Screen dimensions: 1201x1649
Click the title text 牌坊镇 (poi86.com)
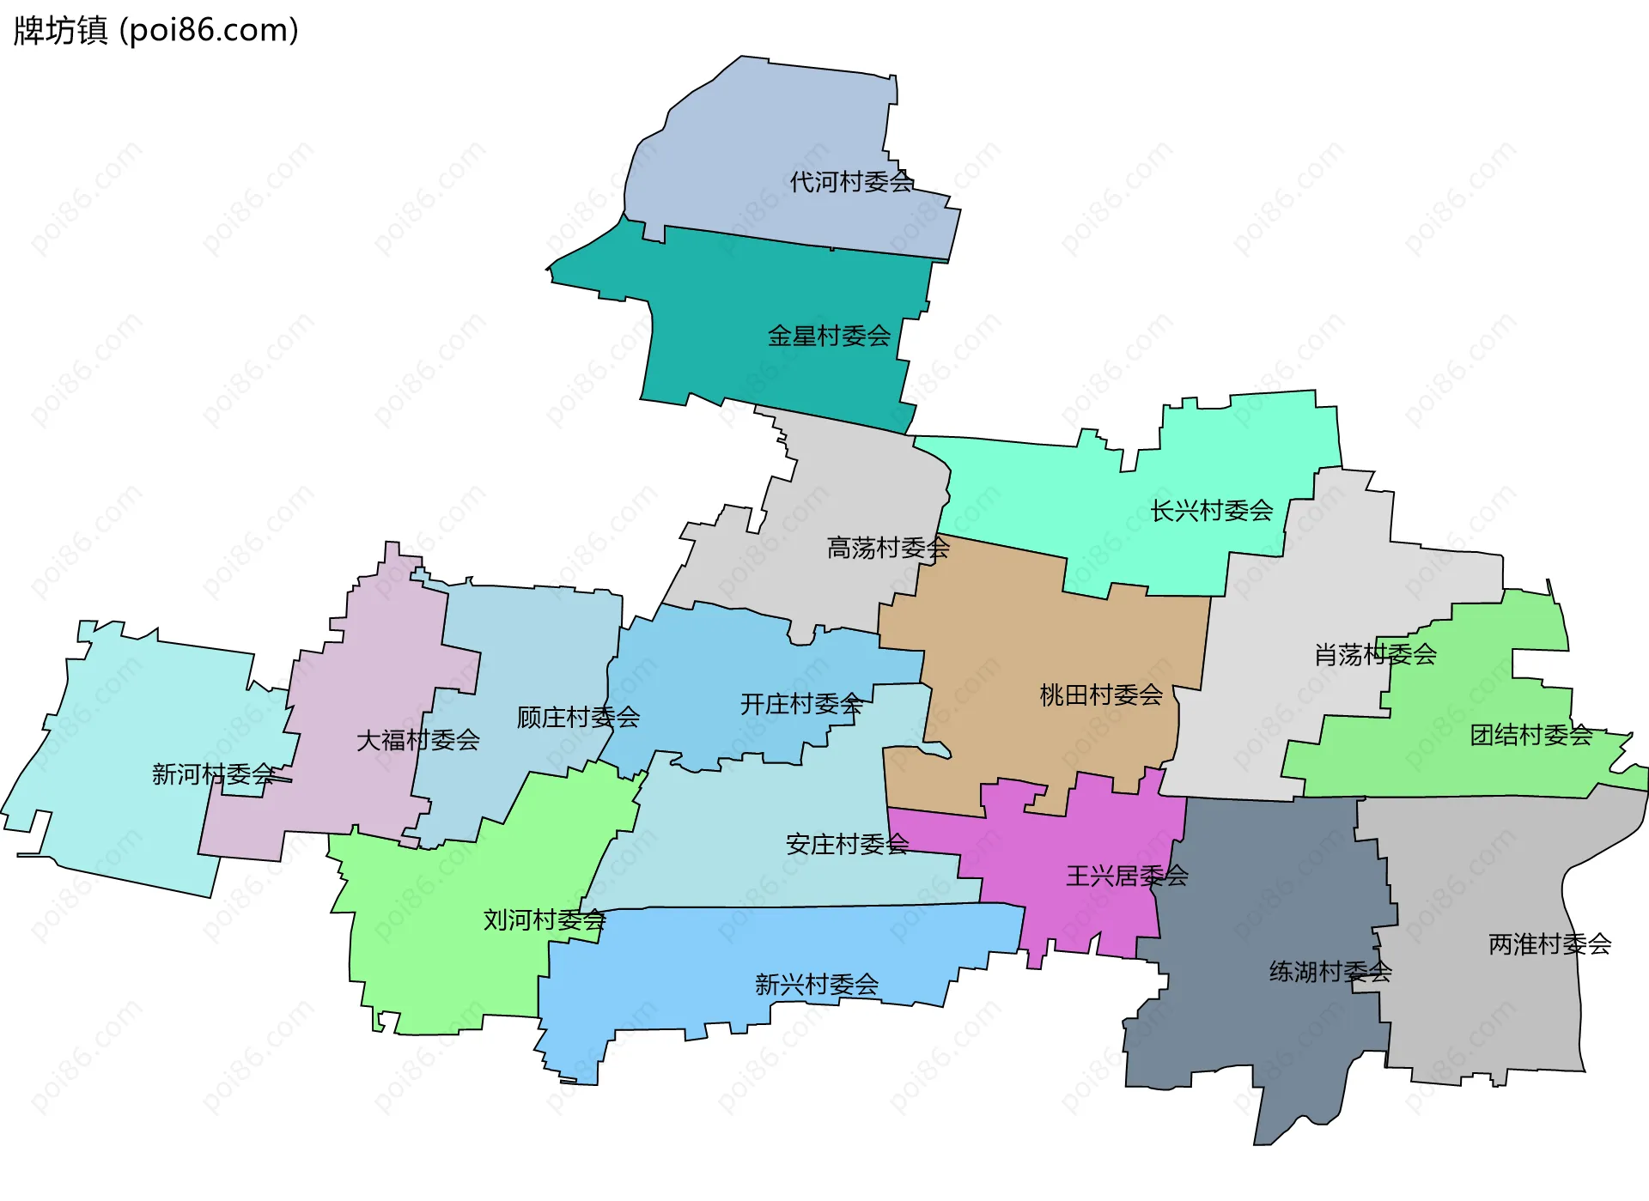click(156, 31)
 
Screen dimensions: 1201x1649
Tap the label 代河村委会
click(851, 182)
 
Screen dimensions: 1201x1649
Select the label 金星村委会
click(829, 336)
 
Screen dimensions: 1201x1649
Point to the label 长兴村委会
click(1211, 511)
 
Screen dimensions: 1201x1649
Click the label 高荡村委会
click(888, 548)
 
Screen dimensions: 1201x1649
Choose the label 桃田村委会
click(1100, 695)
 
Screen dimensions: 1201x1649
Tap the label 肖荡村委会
click(1375, 655)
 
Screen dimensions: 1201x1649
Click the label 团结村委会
click(1530, 735)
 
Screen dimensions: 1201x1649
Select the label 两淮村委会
click(1549, 944)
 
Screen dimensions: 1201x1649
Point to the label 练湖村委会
click(1330, 972)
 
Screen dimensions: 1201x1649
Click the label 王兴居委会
click(1127, 876)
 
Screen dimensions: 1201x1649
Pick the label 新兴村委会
click(816, 985)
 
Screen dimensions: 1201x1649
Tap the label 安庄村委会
click(847, 845)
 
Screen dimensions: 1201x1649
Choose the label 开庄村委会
click(801, 704)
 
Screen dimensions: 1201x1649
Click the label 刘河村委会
click(545, 920)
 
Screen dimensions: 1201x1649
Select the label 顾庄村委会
click(578, 717)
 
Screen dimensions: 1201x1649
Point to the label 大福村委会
click(417, 740)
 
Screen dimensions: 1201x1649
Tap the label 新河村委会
click(214, 774)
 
